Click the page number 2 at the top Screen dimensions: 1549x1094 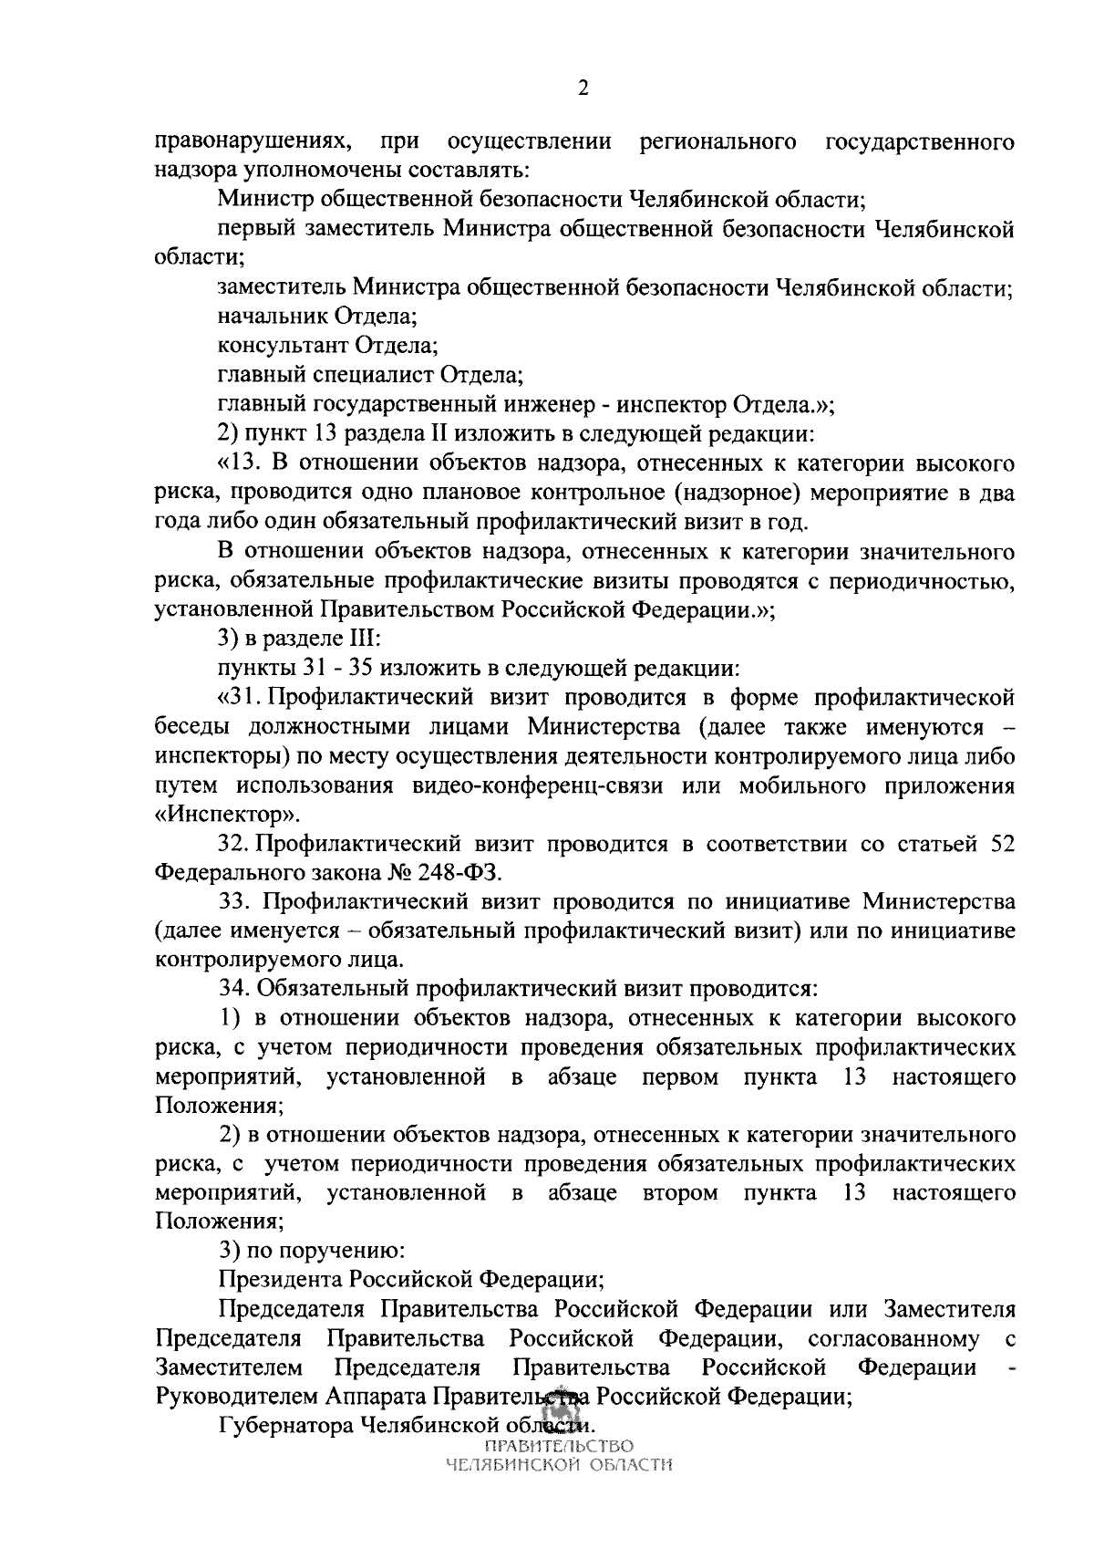(583, 88)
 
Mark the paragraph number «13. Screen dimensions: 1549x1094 (242, 463)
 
